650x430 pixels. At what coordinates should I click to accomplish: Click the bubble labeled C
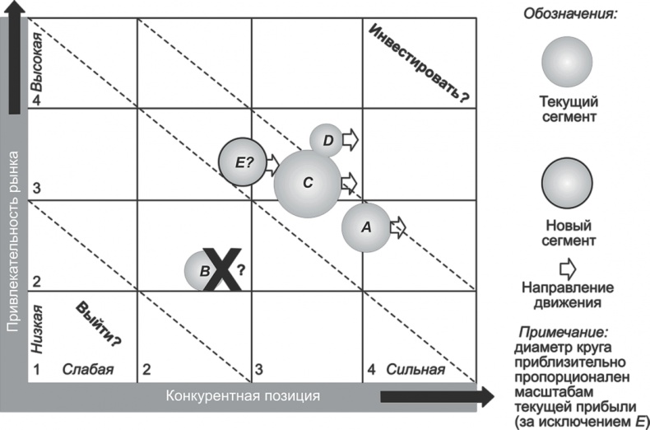[307, 184]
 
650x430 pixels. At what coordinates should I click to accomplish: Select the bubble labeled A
[366, 227]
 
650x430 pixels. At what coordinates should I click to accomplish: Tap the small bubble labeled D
[327, 141]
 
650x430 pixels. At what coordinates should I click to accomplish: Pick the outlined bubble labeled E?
[244, 161]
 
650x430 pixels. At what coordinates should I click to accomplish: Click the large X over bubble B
[221, 269]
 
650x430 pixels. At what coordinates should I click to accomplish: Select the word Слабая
[87, 369]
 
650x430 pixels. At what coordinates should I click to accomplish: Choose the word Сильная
[416, 369]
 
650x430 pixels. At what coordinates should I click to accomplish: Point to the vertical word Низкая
[36, 327]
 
